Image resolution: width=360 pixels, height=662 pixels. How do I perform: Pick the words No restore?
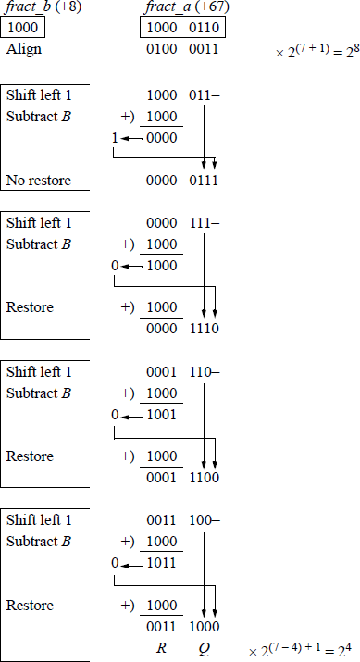38,180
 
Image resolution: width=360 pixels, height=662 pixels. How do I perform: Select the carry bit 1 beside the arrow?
115,136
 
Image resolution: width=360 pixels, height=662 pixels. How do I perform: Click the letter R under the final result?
162,646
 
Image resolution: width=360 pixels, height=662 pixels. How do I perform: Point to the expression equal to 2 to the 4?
303,651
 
